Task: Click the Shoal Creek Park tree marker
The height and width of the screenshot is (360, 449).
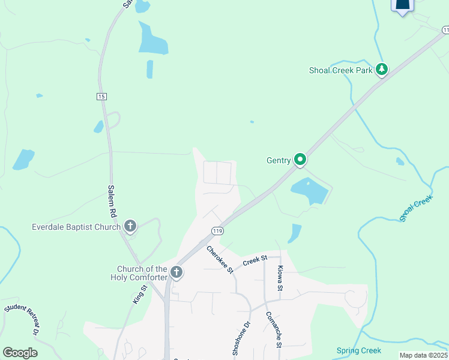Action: point(381,70)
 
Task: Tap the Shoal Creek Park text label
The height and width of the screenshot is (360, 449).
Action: point(341,70)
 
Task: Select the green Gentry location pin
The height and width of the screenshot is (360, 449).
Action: point(300,160)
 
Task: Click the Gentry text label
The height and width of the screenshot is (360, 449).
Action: point(279,160)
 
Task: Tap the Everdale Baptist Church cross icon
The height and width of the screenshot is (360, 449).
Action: point(130,226)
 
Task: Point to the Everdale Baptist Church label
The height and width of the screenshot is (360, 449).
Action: point(76,227)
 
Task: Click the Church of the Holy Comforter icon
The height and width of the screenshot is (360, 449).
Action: point(176,272)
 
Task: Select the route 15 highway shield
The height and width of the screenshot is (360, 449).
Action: point(101,97)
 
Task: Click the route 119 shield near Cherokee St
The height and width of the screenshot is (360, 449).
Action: point(217,231)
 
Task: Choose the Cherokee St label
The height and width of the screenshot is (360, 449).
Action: point(220,260)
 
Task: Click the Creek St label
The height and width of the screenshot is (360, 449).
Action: point(255,261)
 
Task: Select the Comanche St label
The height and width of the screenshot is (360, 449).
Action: point(274,329)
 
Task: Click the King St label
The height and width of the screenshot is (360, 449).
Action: point(139,295)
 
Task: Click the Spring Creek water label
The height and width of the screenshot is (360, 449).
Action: point(359,350)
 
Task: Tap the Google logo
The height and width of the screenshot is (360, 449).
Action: point(20,353)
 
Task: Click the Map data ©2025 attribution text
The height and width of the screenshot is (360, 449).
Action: point(423,355)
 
